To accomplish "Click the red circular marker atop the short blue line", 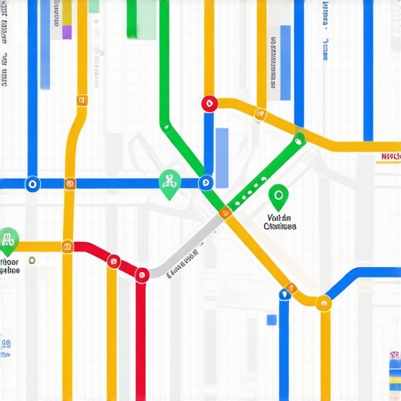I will click(208, 103).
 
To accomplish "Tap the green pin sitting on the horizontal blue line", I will click(168, 183).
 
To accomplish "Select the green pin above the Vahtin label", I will click(277, 195).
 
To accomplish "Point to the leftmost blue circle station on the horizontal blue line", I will click(32, 184).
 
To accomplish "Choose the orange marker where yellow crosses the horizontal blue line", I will click(70, 185).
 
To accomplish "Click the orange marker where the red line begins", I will click(68, 247).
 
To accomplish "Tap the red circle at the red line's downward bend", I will click(142, 273).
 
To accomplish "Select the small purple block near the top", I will click(67, 31).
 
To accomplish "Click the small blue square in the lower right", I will click(271, 320).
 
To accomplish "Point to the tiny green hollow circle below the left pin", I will click(31, 259).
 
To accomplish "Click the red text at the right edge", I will click(389, 157).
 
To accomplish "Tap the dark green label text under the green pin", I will click(280, 222).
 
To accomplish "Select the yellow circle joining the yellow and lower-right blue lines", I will click(320, 301).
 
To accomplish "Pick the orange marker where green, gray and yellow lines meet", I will click(226, 211).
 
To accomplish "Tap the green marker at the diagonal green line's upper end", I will click(298, 141).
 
